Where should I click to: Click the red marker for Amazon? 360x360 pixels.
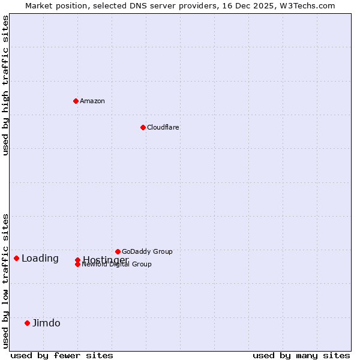point(76,101)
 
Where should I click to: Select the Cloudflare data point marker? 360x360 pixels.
point(143,127)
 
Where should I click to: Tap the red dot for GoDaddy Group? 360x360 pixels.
point(118,251)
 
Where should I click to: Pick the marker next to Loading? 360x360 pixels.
point(16,258)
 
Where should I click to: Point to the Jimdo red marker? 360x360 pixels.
point(27,323)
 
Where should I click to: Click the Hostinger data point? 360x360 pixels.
point(77,260)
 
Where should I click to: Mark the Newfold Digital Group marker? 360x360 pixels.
point(77,264)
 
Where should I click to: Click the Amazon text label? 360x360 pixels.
point(92,101)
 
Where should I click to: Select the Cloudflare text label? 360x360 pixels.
point(163,127)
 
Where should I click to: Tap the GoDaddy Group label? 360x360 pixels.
point(147,251)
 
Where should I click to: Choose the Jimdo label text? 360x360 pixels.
point(46,323)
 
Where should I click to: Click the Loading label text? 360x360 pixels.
point(40,258)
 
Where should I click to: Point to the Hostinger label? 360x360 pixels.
point(106,259)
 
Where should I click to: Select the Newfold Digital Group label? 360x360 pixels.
point(117,265)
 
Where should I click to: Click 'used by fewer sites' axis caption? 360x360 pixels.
point(62,355)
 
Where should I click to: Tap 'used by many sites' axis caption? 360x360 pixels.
point(301,355)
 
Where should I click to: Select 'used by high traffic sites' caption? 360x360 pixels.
point(5,85)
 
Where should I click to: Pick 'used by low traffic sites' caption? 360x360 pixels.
point(5,280)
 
